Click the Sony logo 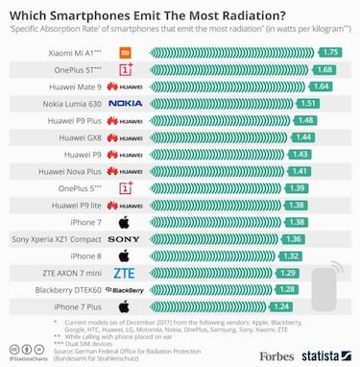click(124, 238)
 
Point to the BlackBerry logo click(127, 289)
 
